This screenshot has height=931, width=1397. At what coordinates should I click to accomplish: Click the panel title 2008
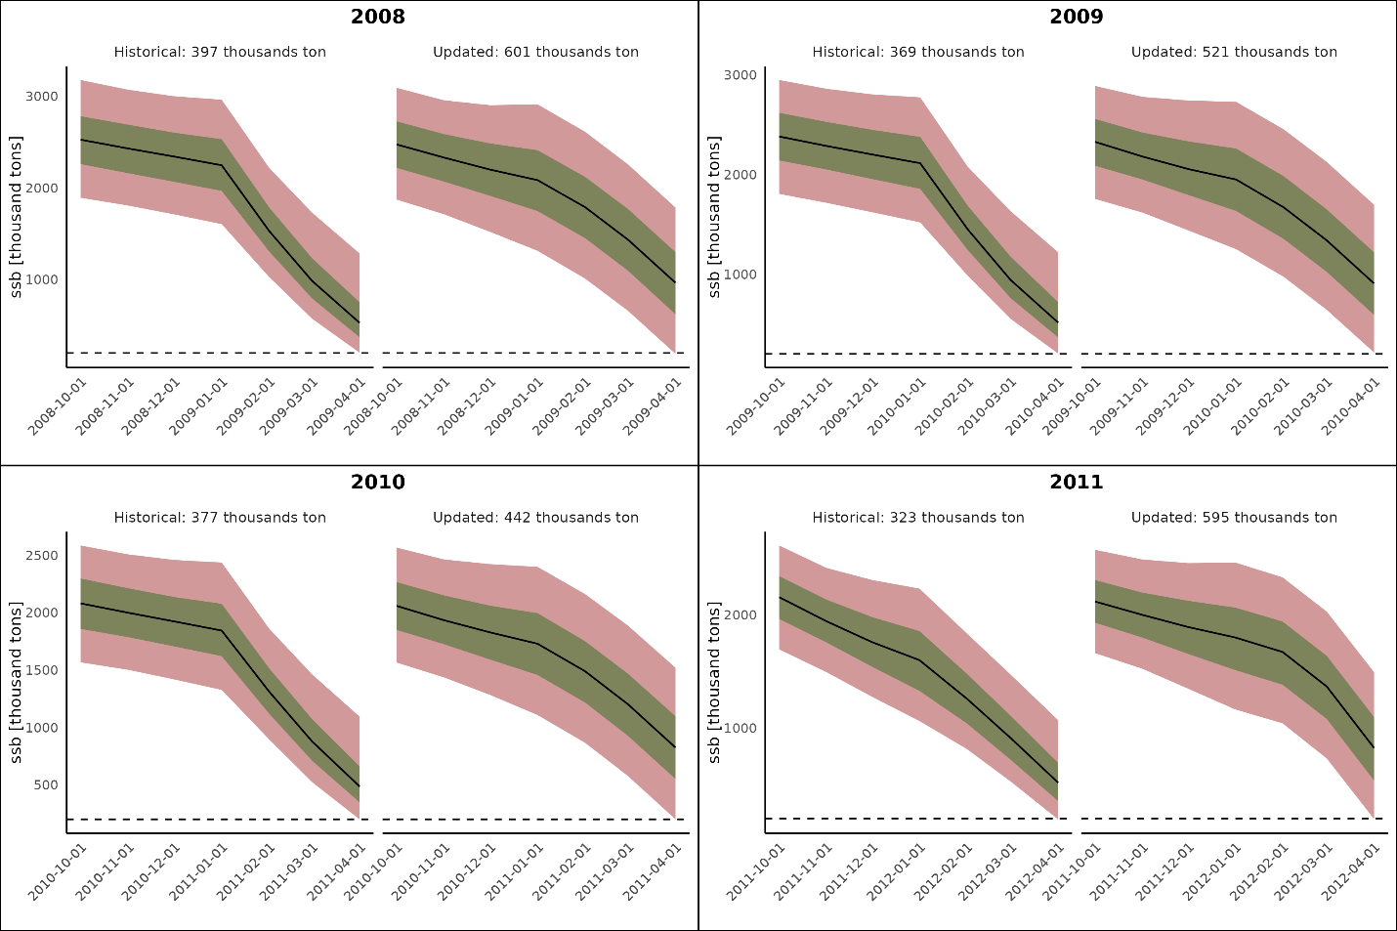378,17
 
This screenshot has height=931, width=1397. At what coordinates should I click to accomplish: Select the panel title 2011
1077,482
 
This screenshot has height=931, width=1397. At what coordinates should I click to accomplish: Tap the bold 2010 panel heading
378,482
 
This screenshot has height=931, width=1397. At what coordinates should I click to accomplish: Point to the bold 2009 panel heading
1077,17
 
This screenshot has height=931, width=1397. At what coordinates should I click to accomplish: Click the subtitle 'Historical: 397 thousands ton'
220,52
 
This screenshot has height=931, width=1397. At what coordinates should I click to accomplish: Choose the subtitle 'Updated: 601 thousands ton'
535,52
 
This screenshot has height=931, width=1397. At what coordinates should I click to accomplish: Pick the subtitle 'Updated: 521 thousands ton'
1234,52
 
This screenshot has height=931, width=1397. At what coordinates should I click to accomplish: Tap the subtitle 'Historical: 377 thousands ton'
220,518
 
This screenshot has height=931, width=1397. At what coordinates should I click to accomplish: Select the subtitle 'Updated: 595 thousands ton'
1234,518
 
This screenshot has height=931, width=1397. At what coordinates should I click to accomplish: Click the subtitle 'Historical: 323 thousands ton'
918,518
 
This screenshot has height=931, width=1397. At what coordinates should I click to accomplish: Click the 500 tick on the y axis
45,784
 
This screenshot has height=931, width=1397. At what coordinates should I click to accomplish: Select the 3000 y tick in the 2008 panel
42,97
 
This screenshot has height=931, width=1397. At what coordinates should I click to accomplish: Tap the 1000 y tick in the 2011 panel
741,728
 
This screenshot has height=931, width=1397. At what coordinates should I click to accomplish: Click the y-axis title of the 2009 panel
714,216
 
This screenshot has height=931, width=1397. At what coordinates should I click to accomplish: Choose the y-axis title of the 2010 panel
16,682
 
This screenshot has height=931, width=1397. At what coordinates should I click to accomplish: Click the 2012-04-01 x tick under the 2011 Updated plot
1359,869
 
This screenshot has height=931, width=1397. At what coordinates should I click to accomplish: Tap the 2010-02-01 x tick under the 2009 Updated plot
1264,404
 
